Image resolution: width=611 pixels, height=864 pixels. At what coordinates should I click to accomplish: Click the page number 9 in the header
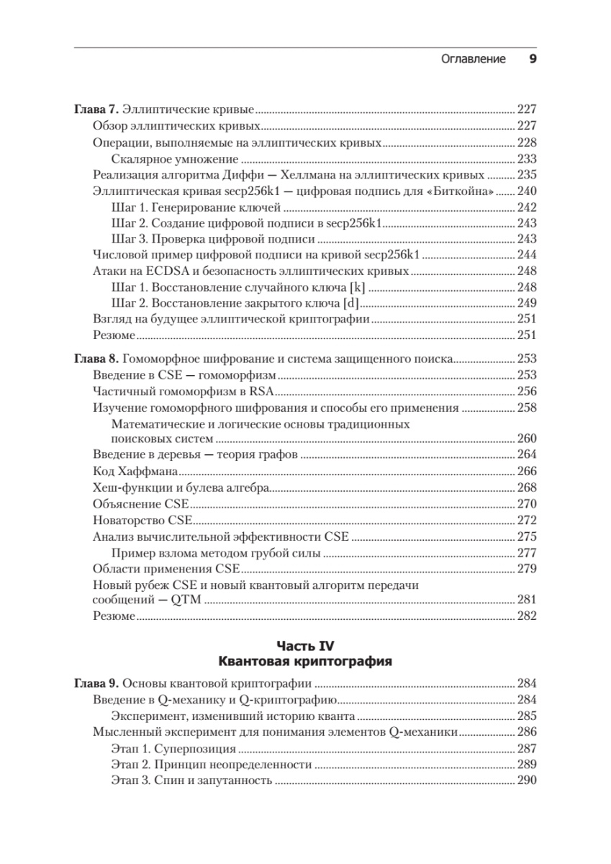click(x=532, y=59)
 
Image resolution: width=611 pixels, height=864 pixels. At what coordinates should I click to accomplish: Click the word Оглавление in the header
click(x=473, y=59)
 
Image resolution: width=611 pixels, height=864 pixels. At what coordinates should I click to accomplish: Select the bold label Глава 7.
click(x=96, y=110)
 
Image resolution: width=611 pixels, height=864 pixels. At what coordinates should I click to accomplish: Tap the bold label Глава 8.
click(x=96, y=359)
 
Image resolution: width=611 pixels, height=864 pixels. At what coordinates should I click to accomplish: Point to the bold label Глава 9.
click(x=96, y=684)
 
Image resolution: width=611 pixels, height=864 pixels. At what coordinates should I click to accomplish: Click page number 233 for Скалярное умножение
click(x=527, y=158)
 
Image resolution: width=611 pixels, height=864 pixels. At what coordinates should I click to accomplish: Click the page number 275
click(x=527, y=536)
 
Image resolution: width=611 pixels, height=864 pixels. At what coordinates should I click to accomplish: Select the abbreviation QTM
click(x=187, y=600)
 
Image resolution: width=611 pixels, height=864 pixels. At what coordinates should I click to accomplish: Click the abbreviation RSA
click(x=266, y=391)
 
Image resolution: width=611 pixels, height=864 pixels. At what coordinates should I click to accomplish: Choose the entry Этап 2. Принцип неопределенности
click(x=212, y=765)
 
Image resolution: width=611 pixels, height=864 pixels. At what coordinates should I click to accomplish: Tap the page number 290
click(x=527, y=780)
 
